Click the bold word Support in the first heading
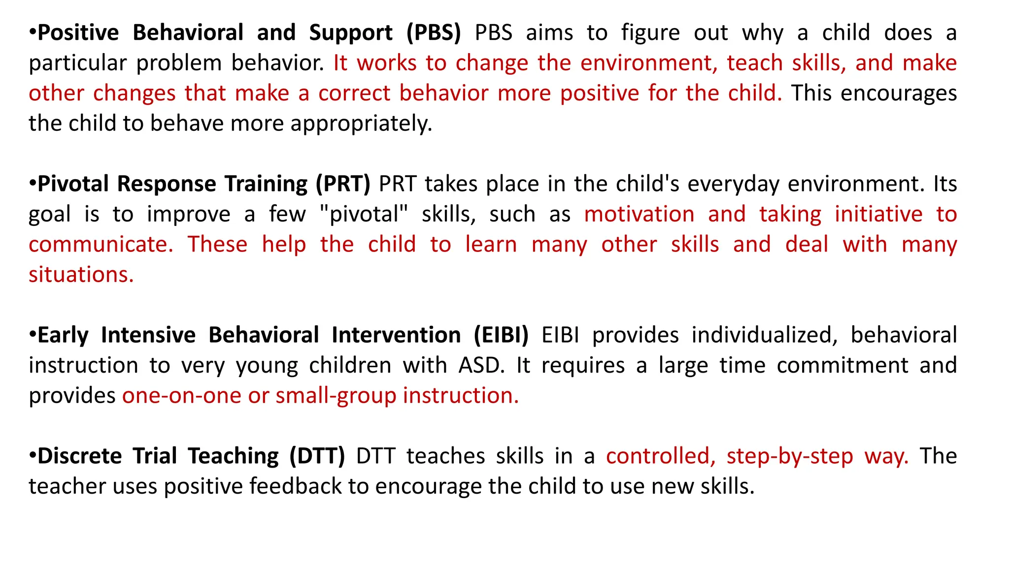point(350,33)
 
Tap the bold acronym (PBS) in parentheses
point(434,33)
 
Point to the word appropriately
point(361,124)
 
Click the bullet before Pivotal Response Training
point(33,183)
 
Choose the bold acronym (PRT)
point(343,184)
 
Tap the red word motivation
point(639,215)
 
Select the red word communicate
point(101,245)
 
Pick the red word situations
point(81,275)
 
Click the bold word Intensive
point(148,335)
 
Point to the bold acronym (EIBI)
point(501,335)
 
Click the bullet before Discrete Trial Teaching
point(33,455)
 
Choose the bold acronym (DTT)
point(317,456)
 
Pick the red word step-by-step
point(790,456)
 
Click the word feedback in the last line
point(295,486)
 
